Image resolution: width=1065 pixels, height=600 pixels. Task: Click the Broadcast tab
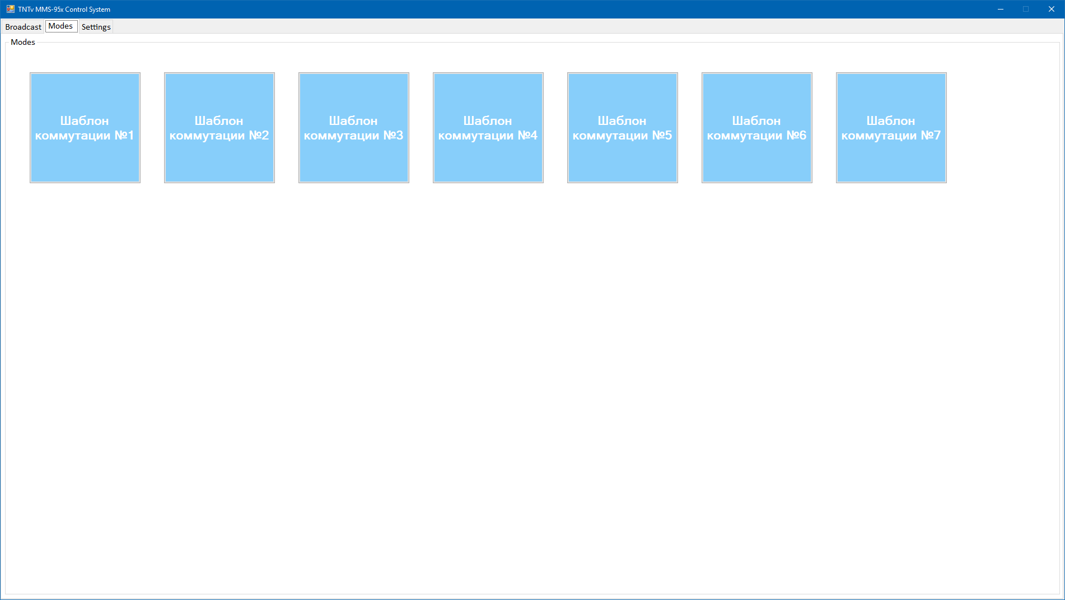23,27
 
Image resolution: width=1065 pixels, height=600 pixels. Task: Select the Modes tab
61,26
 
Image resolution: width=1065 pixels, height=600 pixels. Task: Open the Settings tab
96,27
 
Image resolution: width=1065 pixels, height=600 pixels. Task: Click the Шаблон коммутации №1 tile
85,128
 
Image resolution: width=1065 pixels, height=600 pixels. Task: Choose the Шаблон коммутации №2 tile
219,128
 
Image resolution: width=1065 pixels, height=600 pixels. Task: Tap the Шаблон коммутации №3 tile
354,128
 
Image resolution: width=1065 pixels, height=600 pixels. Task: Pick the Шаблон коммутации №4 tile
488,128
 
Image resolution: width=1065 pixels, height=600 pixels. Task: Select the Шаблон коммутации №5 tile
623,128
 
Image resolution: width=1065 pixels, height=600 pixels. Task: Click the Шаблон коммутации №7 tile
891,128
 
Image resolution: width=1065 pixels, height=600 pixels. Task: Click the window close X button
1052,9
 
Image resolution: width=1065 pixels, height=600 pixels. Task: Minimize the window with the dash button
1000,9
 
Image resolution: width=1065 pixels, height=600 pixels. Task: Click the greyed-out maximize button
1026,9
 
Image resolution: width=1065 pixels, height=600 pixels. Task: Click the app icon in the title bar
10,9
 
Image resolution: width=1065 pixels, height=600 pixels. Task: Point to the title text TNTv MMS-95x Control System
64,10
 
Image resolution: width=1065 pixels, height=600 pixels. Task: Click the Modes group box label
23,42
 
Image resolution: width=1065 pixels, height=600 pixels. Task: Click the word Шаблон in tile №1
85,120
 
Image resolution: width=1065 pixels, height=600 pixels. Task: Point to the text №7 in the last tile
931,135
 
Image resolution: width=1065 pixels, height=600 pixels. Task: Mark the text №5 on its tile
662,135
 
